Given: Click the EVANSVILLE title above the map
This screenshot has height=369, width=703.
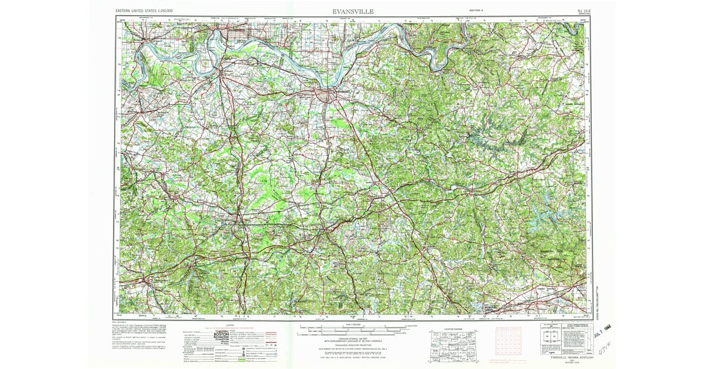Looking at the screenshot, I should coord(353,11).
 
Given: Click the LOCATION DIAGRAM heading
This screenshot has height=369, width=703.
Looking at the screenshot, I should coord(452,329).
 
